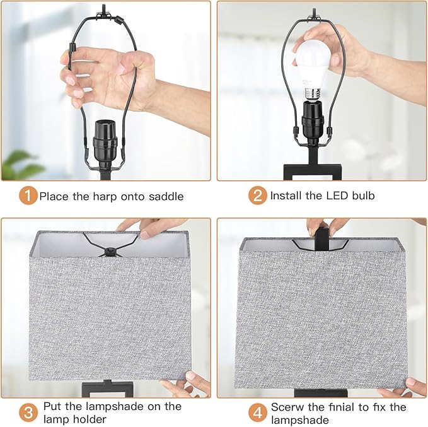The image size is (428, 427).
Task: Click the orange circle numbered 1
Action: coord(27,196)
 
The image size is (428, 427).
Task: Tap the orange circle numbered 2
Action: coord(257,196)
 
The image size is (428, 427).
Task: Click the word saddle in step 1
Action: coord(165,196)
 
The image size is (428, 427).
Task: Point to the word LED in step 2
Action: coord(328,196)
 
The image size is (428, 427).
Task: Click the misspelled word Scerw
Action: coord(287,407)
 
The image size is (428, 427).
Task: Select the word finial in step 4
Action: coord(362,407)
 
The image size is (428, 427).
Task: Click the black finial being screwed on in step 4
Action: coord(320,235)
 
